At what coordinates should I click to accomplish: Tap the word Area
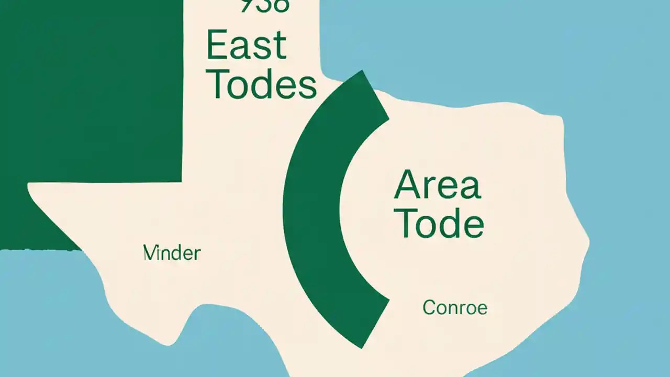[437, 185]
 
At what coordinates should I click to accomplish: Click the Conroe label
[455, 307]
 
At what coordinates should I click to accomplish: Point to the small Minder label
[172, 253]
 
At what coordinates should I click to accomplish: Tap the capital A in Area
[406, 185]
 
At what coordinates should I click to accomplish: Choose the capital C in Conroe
[429, 307]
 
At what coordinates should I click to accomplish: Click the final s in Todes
[308, 86]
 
